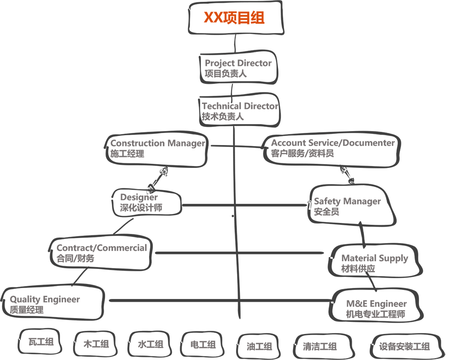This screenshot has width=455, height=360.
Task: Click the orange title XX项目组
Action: point(234,17)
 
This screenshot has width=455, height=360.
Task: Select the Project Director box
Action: point(238,68)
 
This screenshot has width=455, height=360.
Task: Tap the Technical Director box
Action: point(239,110)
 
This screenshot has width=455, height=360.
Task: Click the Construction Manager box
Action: point(157,149)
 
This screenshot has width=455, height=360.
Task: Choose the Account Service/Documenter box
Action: point(331,150)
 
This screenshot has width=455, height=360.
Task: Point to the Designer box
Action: point(147,203)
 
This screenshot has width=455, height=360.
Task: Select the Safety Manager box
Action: point(351,205)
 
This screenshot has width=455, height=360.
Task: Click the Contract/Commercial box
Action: point(101,254)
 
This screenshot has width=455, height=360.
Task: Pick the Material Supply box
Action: point(374,261)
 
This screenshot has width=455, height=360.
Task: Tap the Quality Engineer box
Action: point(53,304)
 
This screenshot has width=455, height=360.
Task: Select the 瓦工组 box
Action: point(40,342)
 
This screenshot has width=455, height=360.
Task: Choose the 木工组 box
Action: point(95,344)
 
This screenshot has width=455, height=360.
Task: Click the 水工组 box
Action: point(150,344)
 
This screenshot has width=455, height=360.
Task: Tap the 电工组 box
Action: point(202,344)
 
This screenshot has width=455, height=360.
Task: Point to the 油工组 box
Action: point(259,346)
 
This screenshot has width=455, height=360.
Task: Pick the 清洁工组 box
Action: point(323,346)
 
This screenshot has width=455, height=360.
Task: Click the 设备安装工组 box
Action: point(406,347)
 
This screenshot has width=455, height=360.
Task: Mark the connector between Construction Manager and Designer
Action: point(157,179)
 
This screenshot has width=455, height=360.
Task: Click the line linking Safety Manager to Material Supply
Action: point(362,234)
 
